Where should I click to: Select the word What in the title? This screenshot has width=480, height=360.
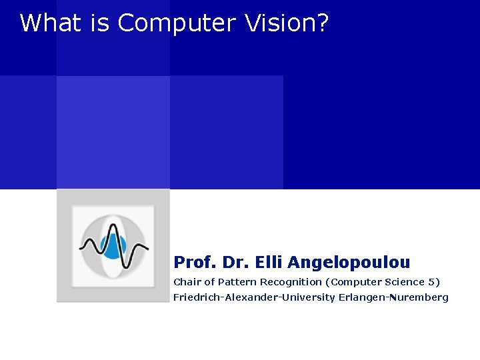coord(50,23)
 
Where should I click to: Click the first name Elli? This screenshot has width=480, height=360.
coord(269,262)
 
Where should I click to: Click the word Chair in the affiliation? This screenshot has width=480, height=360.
coord(187,282)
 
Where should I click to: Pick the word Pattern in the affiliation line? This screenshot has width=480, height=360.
coord(237,282)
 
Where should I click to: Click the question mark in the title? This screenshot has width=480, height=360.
coord(322,23)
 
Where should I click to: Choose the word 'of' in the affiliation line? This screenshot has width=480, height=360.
coord(209,282)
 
